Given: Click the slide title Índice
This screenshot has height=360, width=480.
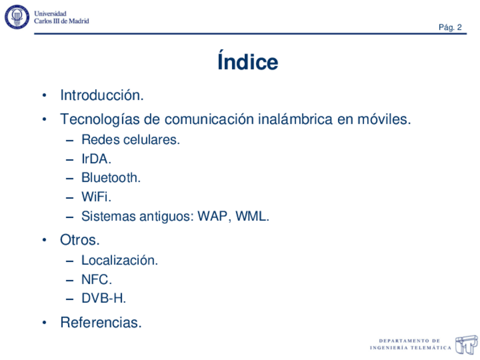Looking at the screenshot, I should [247, 62].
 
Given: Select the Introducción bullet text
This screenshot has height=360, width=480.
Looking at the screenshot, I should [101, 95].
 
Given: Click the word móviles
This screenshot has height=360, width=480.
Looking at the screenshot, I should [385, 119].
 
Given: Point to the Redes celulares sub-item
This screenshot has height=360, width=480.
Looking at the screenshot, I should [130, 139].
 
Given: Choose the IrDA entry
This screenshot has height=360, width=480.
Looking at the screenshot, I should [96, 158].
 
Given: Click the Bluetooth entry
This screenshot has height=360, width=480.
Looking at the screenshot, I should [110, 178].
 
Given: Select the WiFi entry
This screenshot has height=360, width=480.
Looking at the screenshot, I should [96, 197].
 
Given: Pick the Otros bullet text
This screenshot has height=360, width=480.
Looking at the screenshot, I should [80, 240].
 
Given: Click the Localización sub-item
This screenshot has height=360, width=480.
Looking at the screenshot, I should [119, 260].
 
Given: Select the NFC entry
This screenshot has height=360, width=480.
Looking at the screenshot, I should [96, 280].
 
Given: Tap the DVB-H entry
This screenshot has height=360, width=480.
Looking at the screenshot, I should [104, 298].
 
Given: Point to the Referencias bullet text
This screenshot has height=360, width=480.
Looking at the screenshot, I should [101, 323].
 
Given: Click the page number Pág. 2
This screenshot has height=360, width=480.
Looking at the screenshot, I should [451, 27].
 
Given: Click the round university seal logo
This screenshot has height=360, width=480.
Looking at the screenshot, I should [17, 17].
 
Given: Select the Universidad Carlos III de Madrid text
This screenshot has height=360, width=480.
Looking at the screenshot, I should [61, 17].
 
